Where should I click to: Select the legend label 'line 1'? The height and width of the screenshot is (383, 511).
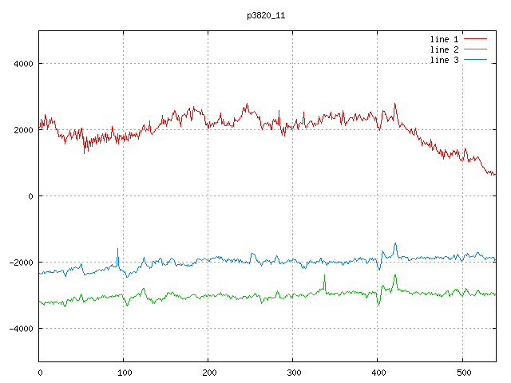pyautogui.click(x=444, y=38)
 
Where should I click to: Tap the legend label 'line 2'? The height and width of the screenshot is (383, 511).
pyautogui.click(x=444, y=49)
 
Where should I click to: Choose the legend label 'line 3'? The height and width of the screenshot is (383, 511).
pyautogui.click(x=444, y=61)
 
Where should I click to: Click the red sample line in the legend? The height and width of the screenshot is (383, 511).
pyautogui.click(x=475, y=38)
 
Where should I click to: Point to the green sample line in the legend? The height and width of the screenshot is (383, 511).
pyautogui.click(x=475, y=49)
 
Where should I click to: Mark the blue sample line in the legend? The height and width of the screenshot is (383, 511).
pyautogui.click(x=475, y=61)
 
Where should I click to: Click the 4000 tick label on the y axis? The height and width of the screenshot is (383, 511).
pyautogui.click(x=22, y=64)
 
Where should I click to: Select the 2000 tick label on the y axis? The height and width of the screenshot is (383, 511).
pyautogui.click(x=22, y=130)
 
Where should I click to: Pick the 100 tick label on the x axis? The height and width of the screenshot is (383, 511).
pyautogui.click(x=124, y=372)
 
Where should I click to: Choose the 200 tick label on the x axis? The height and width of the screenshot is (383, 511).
pyautogui.click(x=208, y=372)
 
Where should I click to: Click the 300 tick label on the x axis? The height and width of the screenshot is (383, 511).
pyautogui.click(x=293, y=372)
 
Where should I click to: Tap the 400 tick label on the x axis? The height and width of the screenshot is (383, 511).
pyautogui.click(x=378, y=372)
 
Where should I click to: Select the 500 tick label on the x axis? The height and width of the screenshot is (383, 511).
pyautogui.click(x=462, y=372)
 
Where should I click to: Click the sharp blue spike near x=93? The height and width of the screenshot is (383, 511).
pyautogui.click(x=118, y=250)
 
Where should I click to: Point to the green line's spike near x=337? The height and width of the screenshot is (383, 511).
pyautogui.click(x=325, y=276)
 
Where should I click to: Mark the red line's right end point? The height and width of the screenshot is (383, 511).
pyautogui.click(x=495, y=174)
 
